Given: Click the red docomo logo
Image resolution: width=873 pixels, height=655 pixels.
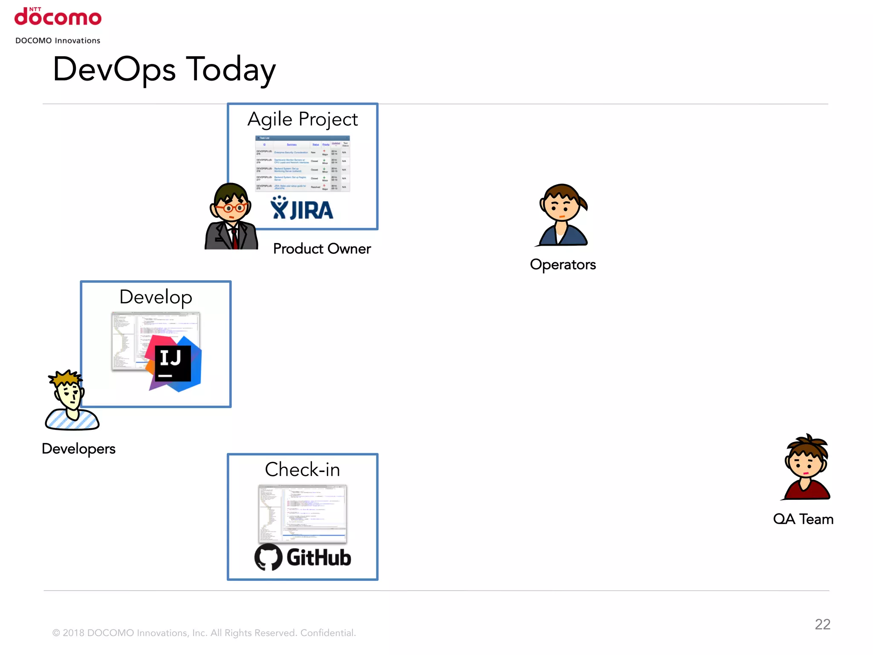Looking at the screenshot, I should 58,17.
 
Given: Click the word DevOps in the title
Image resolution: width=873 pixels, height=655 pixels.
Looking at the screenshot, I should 114,70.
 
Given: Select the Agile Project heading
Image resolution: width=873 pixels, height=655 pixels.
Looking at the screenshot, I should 302,119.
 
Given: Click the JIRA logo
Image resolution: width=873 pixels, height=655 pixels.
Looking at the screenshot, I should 302,209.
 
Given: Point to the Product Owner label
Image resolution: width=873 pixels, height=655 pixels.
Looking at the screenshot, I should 322,249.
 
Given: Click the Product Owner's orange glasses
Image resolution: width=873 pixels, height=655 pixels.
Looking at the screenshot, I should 231,208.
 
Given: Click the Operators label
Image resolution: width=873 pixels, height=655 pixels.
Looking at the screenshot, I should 563,264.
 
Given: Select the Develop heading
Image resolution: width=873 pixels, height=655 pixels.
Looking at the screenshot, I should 156,297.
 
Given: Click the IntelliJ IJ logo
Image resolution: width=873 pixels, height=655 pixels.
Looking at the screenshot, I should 173,362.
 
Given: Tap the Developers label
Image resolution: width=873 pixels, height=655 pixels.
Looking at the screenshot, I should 79,449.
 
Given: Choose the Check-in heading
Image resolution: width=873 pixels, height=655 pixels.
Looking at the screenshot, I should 302,470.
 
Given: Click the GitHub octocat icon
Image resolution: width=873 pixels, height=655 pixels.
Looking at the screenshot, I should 268,557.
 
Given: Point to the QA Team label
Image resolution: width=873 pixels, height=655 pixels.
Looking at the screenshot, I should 803,519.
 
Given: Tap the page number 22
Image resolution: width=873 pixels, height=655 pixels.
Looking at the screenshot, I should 822,624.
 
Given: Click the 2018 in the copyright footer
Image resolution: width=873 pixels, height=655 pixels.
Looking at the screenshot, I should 73,633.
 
